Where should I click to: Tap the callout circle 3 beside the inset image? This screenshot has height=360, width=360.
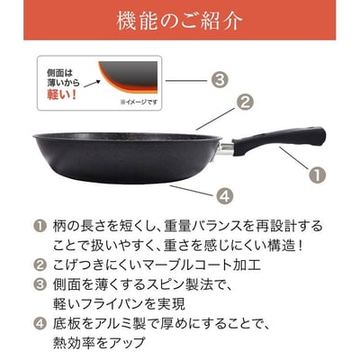point(220,79)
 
